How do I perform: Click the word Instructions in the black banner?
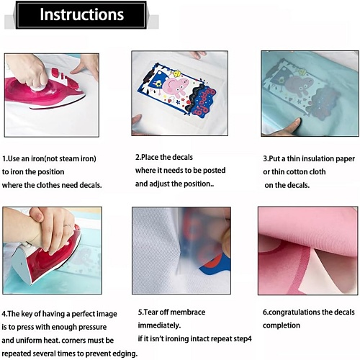click(x=81, y=14)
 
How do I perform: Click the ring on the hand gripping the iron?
click(x=68, y=226)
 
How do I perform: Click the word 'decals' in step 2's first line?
click(x=182, y=157)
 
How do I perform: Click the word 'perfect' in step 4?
click(x=81, y=314)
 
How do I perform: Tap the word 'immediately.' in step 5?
click(x=159, y=325)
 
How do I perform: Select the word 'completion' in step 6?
click(x=282, y=325)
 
